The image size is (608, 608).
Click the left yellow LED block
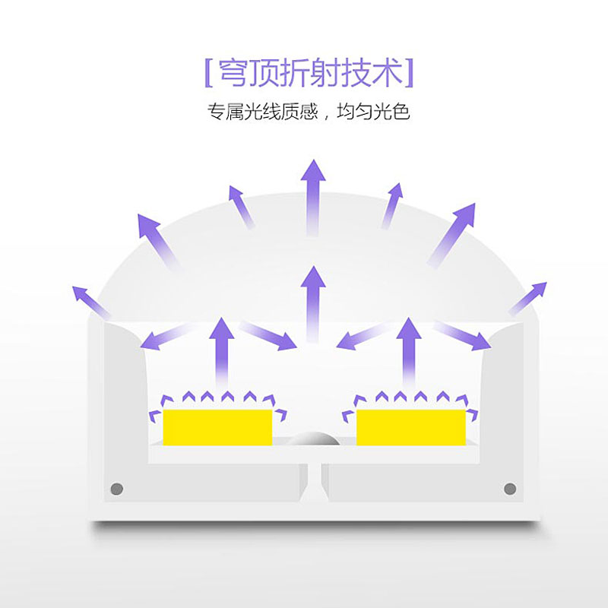click(217, 428)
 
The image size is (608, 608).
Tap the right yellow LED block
click(410, 428)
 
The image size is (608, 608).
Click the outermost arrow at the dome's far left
click(90, 302)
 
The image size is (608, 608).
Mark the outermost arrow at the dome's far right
click(527, 299)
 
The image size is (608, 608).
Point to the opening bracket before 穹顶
click(207, 73)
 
